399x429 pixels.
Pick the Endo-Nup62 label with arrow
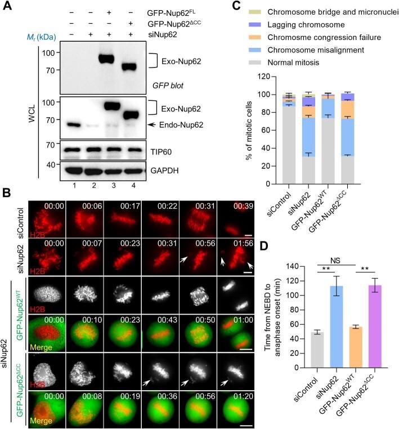point(179,124)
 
